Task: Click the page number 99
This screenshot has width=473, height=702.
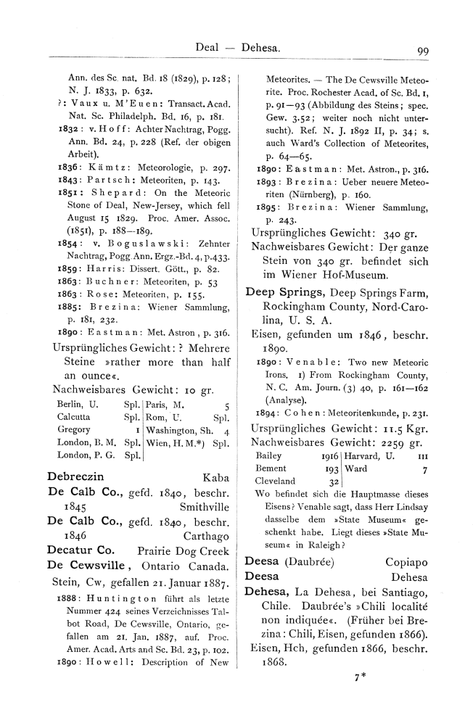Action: click(x=424, y=50)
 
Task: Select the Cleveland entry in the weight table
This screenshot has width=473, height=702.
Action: click(x=276, y=481)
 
